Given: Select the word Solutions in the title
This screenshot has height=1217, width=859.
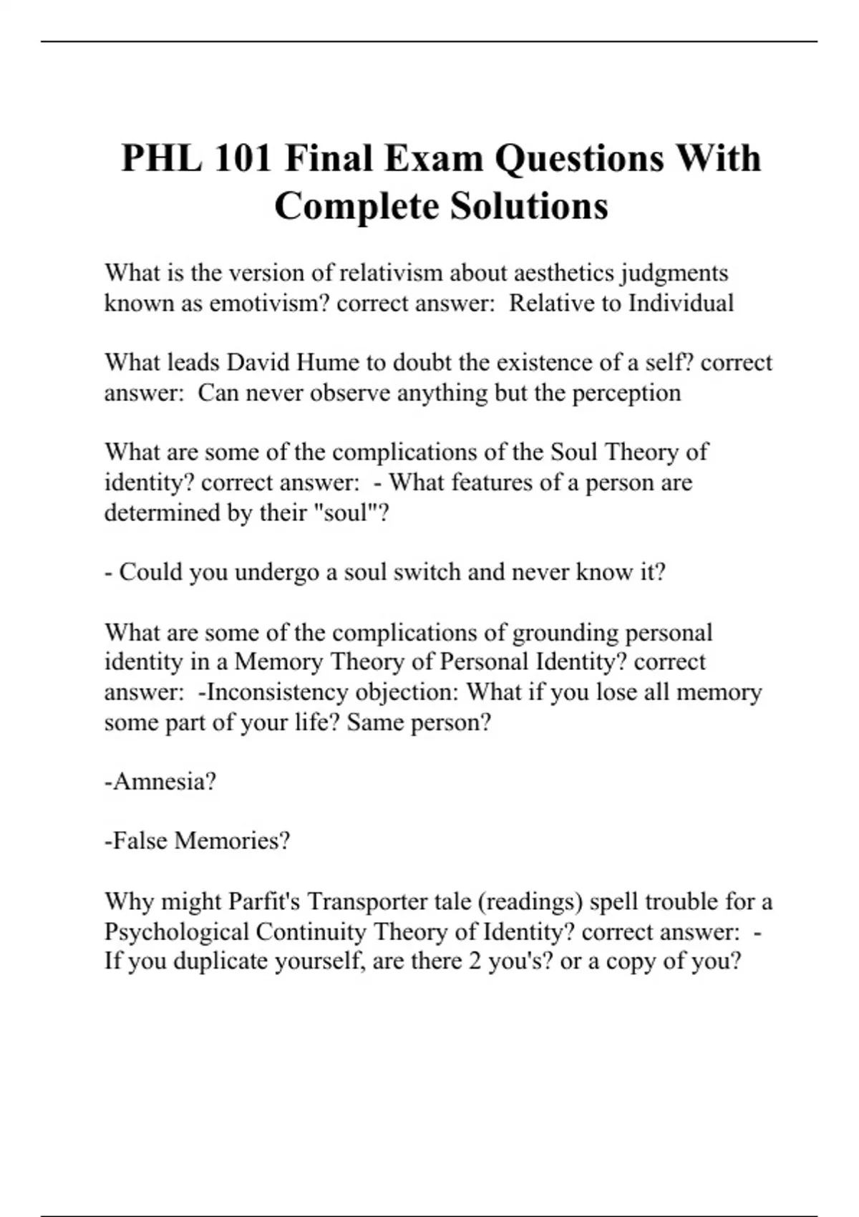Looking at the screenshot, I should pos(529,206).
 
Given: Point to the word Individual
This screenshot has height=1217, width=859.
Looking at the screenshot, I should pos(681,303).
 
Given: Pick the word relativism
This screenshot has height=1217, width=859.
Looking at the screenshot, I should pos(390,273).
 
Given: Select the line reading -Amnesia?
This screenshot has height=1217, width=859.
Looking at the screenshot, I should pos(160,781).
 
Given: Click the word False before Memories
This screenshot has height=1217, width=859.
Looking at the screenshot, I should pos(138,840).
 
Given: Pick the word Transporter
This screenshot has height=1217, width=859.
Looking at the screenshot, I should pos(367,901).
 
